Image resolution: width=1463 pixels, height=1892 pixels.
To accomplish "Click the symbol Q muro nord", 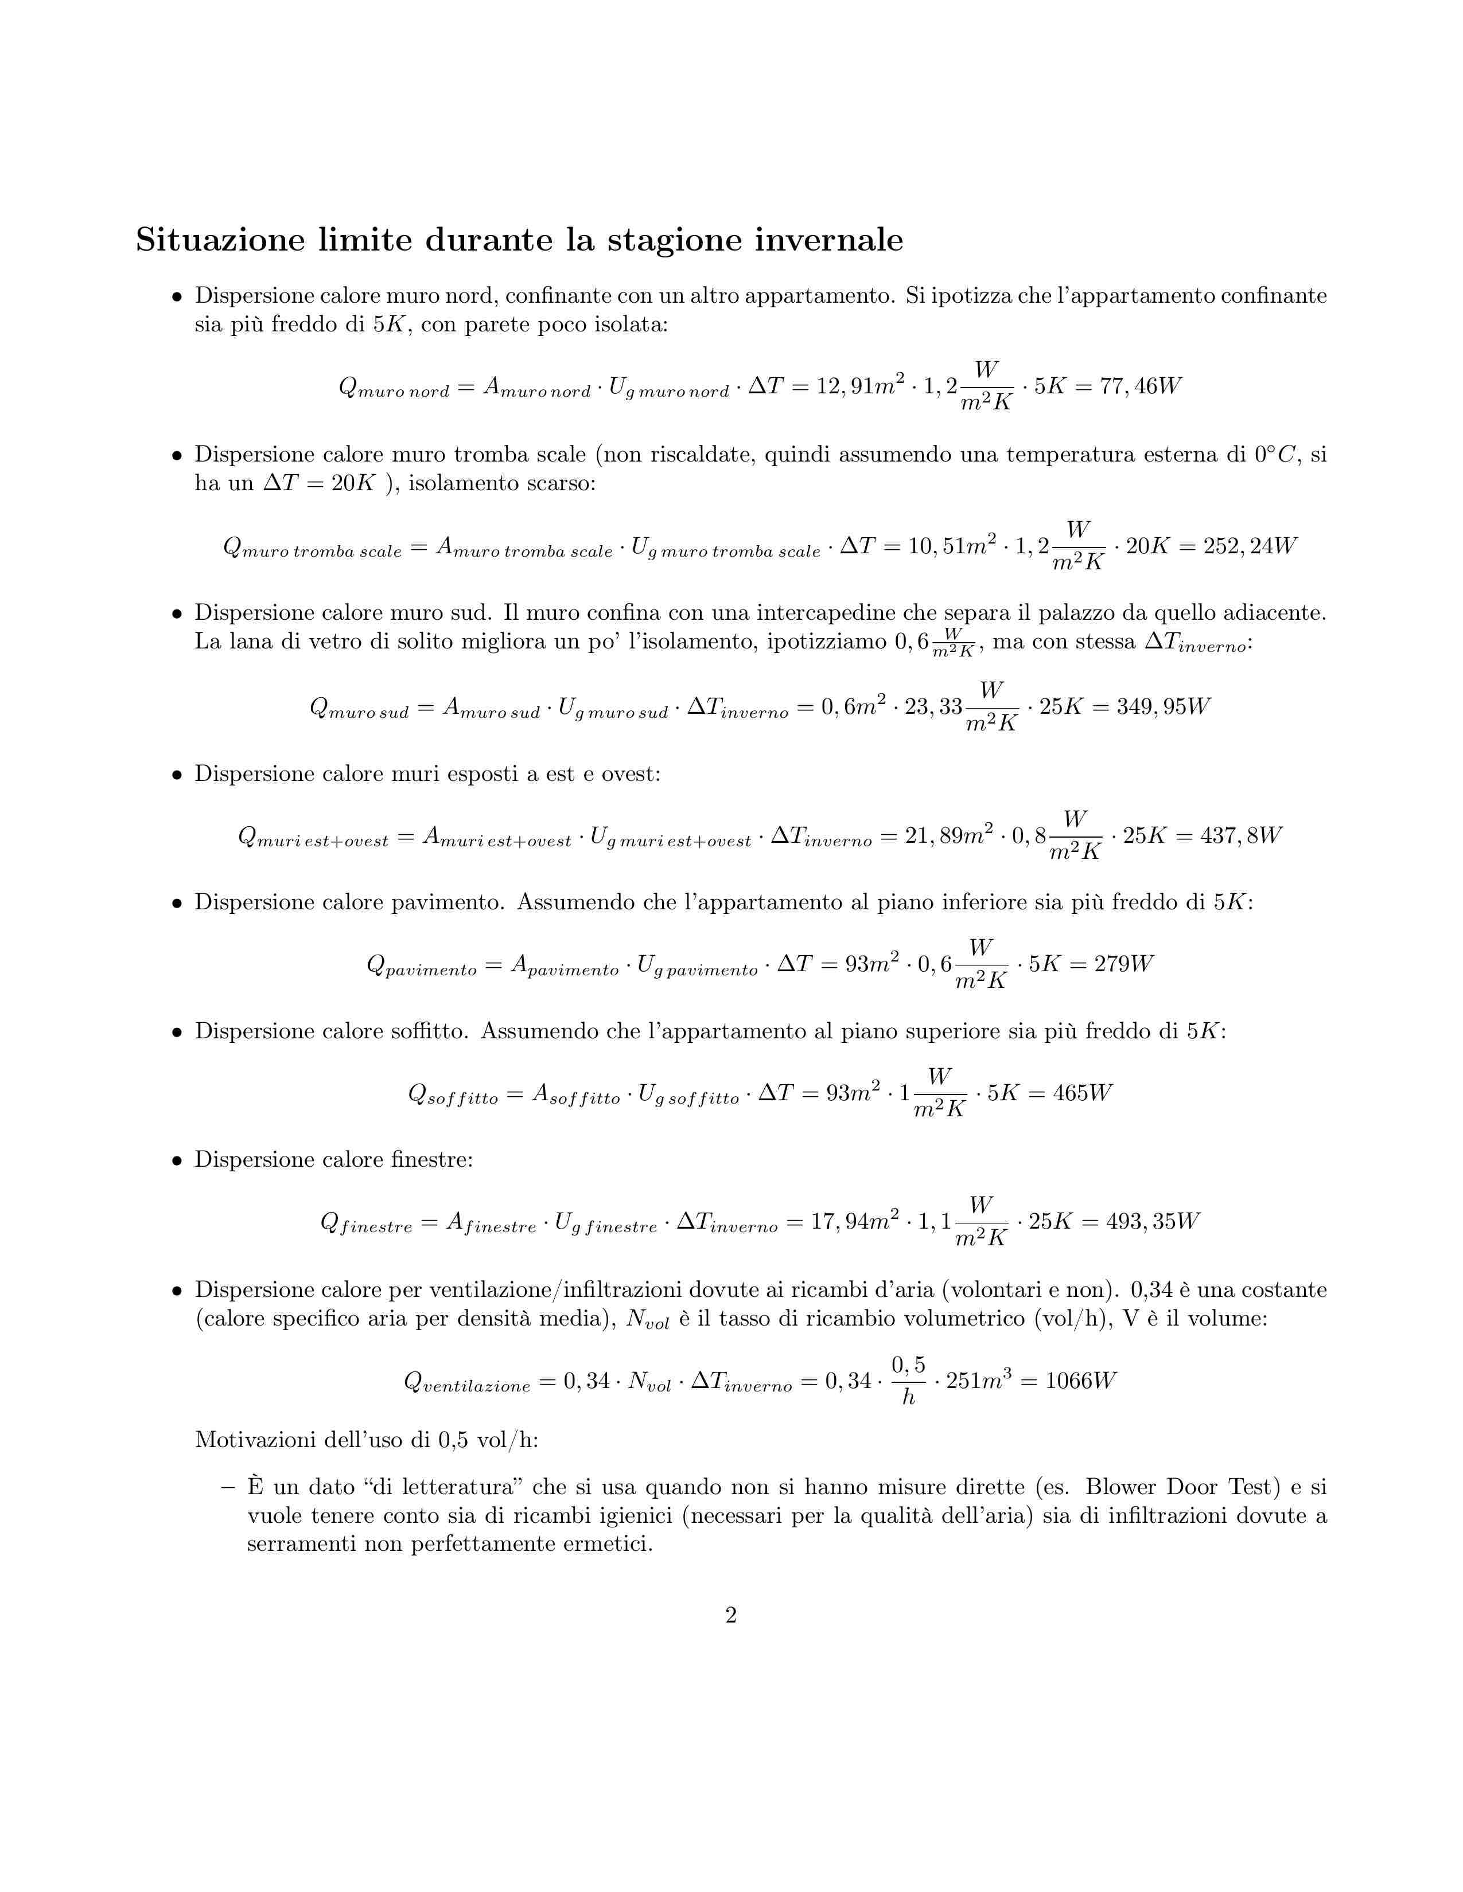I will coord(394,388).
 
